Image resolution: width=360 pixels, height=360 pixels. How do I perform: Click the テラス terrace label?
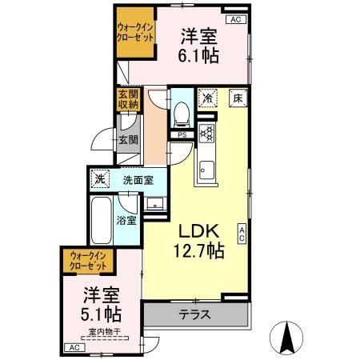tap(194, 314)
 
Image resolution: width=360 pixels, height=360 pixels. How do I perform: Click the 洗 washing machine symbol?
tap(99, 179)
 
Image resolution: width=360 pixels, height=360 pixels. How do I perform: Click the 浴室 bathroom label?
tap(126, 218)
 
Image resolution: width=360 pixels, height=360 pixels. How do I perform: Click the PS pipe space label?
tap(182, 134)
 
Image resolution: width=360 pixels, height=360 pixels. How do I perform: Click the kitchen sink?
tap(207, 170)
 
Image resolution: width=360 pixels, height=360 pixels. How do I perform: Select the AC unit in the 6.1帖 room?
tap(235, 19)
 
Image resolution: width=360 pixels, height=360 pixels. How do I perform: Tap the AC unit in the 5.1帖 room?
tap(73, 347)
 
